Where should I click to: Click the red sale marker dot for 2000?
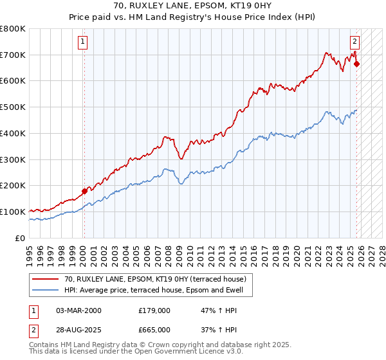(x=84, y=191)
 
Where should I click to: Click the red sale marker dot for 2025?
(x=356, y=64)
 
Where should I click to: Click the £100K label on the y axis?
(x=13, y=212)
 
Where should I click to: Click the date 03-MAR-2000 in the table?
(x=78, y=310)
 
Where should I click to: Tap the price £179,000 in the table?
(x=154, y=310)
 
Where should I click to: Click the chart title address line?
(x=192, y=6)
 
